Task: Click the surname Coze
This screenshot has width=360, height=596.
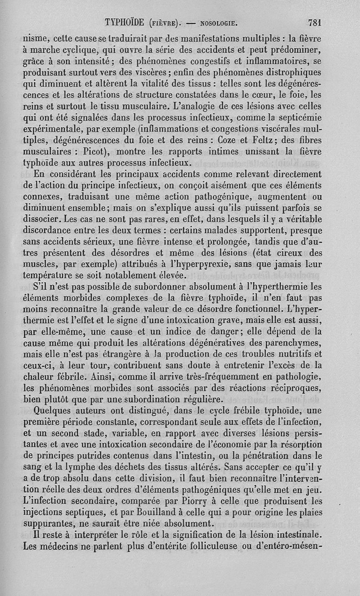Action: click(231, 138)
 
